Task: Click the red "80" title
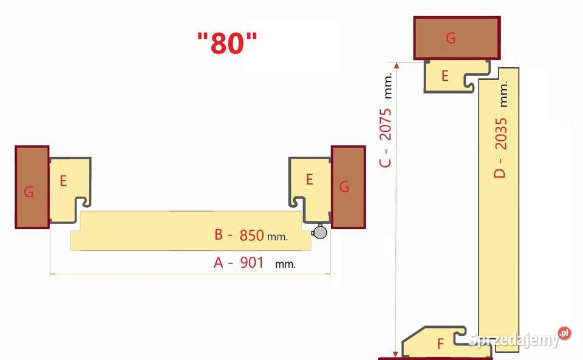coord(227,42)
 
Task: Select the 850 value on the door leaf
coord(251,235)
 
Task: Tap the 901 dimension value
coord(251,263)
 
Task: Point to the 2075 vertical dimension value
coord(386,124)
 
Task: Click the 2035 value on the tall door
coord(501,134)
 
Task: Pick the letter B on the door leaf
coord(219,234)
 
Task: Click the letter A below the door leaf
coord(218,263)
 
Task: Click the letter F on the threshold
coord(441,344)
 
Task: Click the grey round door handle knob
coord(319,232)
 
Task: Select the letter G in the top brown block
coord(451,38)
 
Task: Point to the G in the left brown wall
coord(29,192)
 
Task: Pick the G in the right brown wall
coord(344,186)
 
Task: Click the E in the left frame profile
coord(63,181)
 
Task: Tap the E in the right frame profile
coord(309,180)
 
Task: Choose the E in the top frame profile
coord(445,76)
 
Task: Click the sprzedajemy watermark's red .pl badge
coord(564,333)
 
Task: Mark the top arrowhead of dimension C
coord(397,66)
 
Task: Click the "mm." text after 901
coord(285,265)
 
